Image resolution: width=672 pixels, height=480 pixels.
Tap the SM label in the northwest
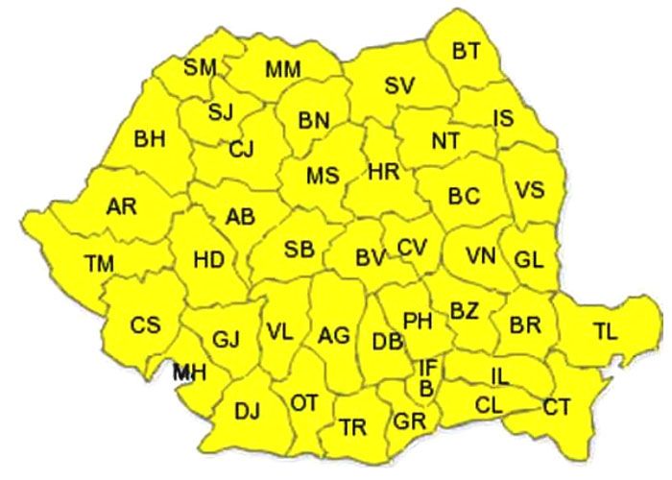pos(201,67)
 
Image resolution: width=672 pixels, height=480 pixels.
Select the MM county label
pos(282,69)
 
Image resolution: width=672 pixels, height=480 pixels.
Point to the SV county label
pos(399,85)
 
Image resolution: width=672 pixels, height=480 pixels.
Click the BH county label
pos(150,139)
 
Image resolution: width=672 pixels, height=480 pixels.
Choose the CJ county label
pos(241,149)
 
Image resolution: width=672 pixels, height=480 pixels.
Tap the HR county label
pos(383,172)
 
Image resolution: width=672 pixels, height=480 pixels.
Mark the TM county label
pos(99,262)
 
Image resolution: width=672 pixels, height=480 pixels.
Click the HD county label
pos(209,259)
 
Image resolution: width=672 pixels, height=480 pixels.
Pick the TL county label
pos(605,332)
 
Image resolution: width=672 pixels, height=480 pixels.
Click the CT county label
pos(557,407)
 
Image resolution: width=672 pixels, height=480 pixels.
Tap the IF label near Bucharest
pos(428,368)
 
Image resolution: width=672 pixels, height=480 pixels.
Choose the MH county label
pos(189,372)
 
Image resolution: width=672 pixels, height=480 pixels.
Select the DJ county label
pos(248,413)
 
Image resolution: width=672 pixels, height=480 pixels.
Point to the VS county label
pos(529,189)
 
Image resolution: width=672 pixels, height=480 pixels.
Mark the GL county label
pos(528,259)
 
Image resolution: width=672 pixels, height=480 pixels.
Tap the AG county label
pos(333,335)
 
